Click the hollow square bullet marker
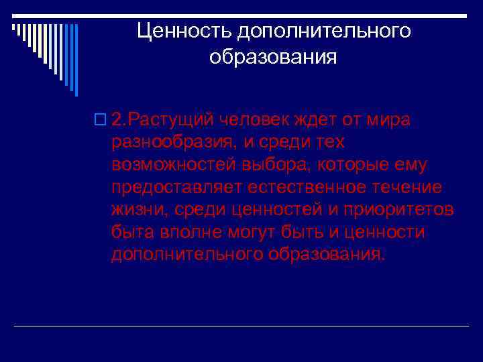(101, 120)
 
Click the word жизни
(138, 210)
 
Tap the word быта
(131, 233)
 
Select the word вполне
(184, 233)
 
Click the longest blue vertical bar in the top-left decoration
(75, 60)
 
